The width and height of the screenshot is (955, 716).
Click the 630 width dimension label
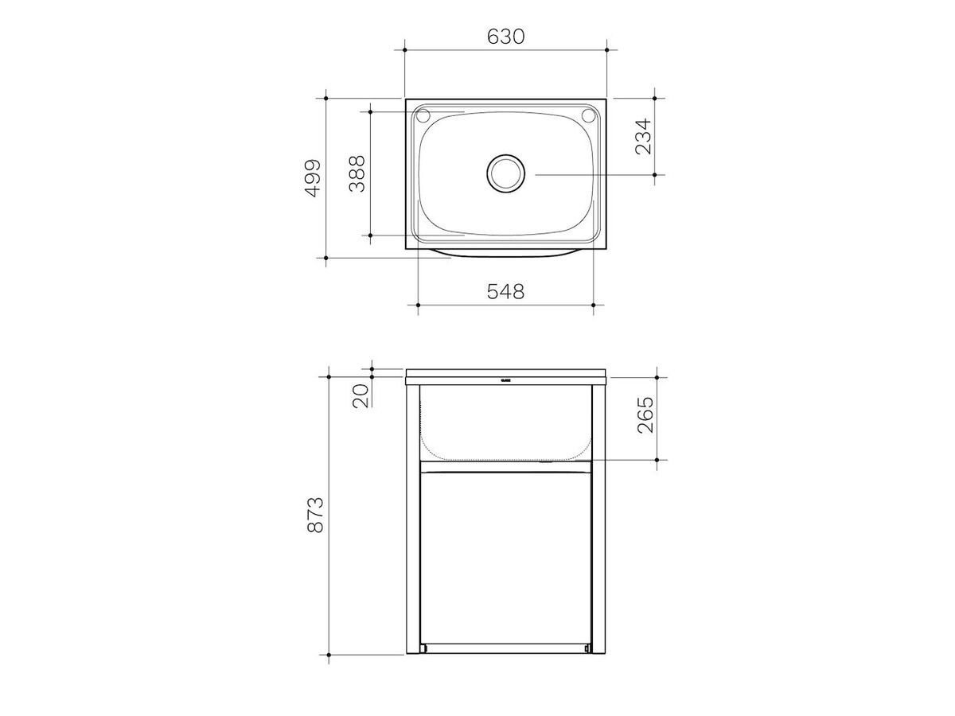pos(505,37)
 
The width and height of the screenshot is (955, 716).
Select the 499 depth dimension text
pos(312,178)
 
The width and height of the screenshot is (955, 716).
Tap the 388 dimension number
pos(357,173)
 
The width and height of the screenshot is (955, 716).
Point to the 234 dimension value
pos(642,136)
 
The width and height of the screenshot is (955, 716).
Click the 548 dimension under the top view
pos(505,291)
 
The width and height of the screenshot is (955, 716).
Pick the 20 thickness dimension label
pos(359,394)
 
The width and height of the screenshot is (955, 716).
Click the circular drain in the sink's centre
pos(505,173)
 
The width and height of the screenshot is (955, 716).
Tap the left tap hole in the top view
pos(423,115)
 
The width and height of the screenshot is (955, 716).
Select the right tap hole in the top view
pos(589,115)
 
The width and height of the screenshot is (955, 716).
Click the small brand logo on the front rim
pos(505,380)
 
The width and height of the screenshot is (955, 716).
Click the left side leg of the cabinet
pos(412,517)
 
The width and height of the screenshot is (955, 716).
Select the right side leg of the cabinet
pos(599,517)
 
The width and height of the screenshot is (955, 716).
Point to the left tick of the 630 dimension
pos(405,50)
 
